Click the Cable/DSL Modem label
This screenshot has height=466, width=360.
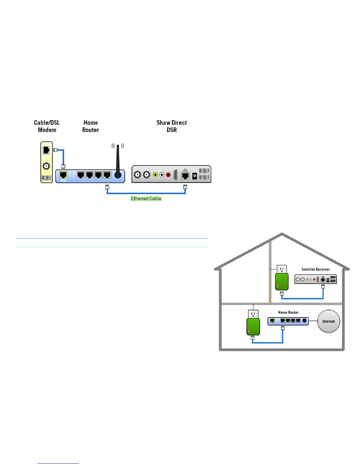[47, 126]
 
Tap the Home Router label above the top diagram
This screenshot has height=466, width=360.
[91, 126]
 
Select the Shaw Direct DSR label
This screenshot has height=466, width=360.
[171, 126]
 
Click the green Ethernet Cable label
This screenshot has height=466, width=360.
[146, 199]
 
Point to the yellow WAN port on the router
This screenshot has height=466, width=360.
[63, 175]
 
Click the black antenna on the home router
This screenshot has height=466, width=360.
[118, 160]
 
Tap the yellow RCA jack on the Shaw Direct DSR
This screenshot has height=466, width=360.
[155, 175]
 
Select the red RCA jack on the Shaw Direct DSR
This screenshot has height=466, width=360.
[168, 175]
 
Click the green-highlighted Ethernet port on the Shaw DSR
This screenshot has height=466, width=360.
[185, 176]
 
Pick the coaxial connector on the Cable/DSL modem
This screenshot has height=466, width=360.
[46, 166]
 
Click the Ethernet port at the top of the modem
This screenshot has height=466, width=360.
[46, 150]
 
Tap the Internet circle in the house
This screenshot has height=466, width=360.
[329, 321]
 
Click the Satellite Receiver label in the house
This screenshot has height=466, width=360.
[316, 269]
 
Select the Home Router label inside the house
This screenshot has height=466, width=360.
[288, 312]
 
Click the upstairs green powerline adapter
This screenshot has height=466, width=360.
[282, 282]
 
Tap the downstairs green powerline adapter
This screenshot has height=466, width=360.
[253, 327]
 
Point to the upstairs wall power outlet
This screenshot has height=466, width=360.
[282, 269]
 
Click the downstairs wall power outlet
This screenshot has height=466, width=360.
[253, 314]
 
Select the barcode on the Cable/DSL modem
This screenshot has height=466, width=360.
[46, 178]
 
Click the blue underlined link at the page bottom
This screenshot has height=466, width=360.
[58, 463]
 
